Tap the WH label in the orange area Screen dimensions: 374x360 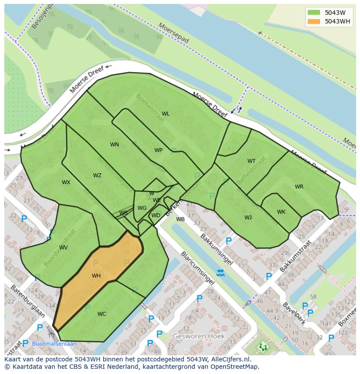(x=96, y=276)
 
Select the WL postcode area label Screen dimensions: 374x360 (x=166, y=114)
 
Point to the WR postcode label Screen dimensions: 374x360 (x=299, y=187)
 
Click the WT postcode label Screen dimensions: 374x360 (x=252, y=161)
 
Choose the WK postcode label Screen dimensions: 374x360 (x=281, y=212)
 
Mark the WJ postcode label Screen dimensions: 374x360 (x=248, y=218)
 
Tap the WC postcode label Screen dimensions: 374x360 (x=102, y=314)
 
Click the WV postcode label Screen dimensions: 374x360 (x=63, y=248)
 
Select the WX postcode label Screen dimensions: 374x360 (x=66, y=182)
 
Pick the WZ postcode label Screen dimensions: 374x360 (x=97, y=175)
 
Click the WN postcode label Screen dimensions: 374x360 (x=114, y=145)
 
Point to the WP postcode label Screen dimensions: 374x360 (x=158, y=150)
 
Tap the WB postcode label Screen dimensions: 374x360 (x=180, y=219)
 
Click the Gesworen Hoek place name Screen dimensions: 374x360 (x=199, y=336)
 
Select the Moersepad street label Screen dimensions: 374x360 (x=174, y=33)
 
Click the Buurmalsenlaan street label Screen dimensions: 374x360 (x=54, y=344)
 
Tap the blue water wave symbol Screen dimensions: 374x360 (x=220, y=273)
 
